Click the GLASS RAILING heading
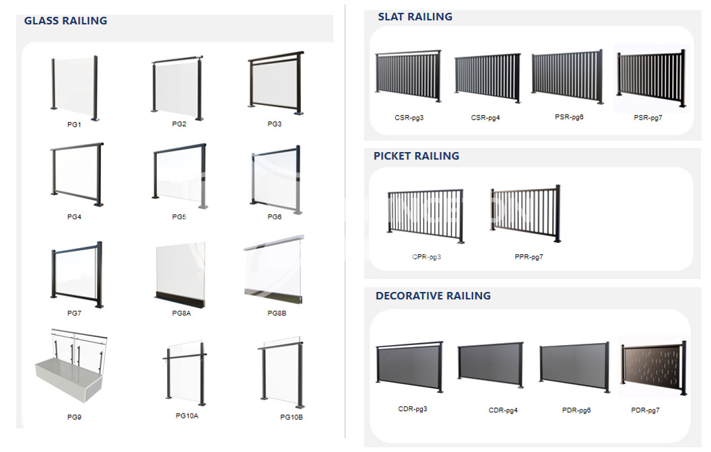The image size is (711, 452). click(x=66, y=21)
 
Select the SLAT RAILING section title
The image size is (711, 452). click(x=415, y=17)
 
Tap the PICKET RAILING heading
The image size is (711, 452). click(x=416, y=156)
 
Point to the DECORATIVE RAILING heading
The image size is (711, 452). click(x=433, y=296)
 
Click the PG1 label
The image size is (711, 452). click(x=74, y=124)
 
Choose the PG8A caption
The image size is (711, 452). click(x=181, y=313)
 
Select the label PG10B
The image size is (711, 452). click(x=292, y=417)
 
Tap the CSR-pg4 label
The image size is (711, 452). click(x=485, y=118)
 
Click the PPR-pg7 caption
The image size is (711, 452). click(x=529, y=257)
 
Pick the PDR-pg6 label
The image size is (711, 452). click(x=576, y=410)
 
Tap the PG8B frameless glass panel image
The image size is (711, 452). click(x=274, y=270)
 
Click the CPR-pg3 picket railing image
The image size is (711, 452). click(x=426, y=216)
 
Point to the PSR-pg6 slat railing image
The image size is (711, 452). click(x=568, y=76)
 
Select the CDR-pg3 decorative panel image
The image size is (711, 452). click(x=409, y=367)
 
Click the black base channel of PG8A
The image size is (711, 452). click(x=180, y=299)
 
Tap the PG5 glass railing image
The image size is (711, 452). click(x=180, y=177)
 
